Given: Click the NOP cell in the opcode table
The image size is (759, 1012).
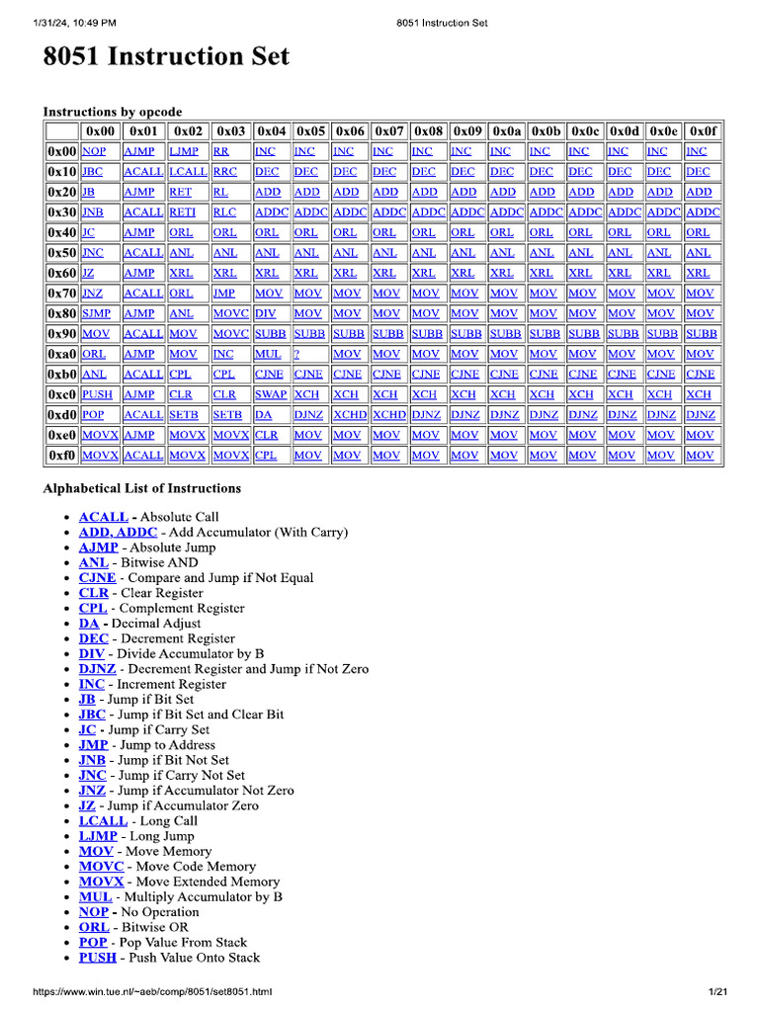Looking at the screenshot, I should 94,151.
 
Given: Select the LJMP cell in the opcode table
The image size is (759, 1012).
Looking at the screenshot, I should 184,151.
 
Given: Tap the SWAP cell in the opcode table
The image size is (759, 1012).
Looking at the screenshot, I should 270,394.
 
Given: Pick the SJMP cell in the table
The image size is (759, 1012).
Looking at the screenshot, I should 97,313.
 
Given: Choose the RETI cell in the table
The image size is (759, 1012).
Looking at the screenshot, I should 182,212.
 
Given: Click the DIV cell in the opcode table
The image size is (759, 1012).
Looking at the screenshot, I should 265,313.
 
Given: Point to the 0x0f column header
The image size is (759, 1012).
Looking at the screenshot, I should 703,130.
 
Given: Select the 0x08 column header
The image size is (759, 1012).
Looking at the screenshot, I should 428,130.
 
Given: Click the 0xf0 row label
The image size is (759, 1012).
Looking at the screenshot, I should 61,455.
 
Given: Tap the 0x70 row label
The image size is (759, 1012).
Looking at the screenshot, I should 61,294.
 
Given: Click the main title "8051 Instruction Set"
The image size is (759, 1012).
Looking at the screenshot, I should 166,56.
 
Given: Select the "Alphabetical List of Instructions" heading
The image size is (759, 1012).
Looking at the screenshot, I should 142,488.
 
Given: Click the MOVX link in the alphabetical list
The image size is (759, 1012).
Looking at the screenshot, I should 102,882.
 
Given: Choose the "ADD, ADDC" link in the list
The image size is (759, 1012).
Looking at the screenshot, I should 118,532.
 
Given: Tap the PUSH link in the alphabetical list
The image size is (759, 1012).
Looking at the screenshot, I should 98,958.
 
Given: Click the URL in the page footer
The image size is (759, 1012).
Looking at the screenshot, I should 152,991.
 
